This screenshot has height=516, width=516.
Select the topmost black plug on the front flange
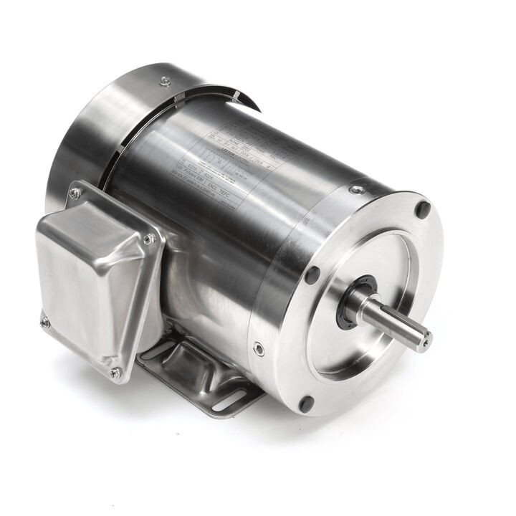point(423,210)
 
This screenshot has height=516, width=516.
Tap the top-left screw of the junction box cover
point(74,193)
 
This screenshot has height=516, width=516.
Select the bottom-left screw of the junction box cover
point(44,322)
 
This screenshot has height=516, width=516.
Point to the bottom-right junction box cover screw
point(115,372)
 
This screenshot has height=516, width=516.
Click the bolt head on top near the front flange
point(356,190)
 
